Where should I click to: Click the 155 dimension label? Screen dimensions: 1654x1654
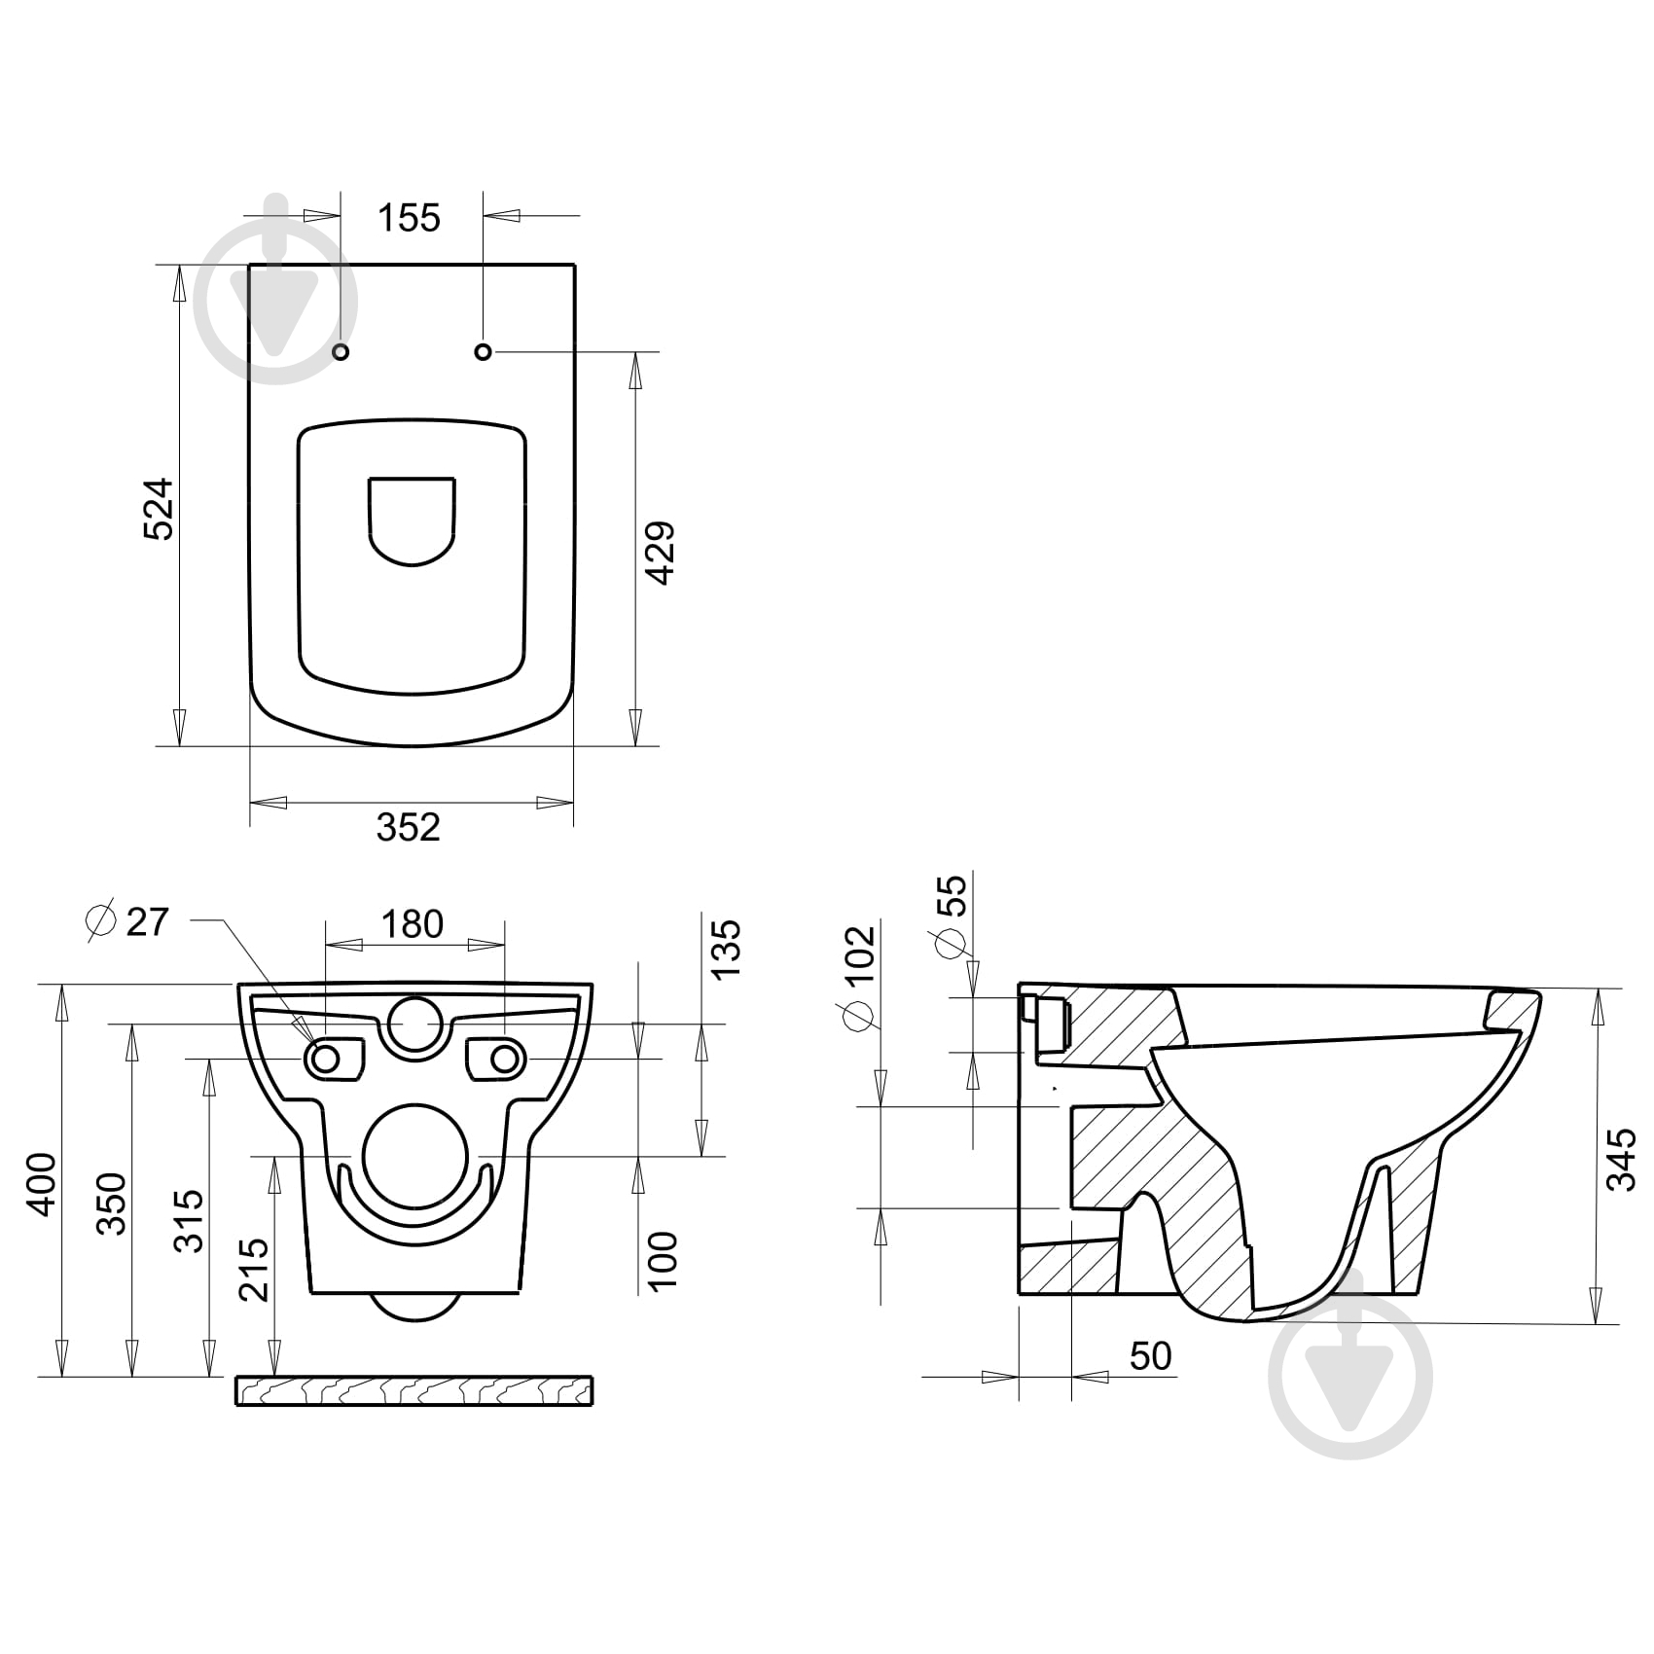coord(409,218)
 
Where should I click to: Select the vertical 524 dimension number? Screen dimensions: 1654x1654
coord(158,508)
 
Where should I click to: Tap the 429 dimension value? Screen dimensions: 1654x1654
coord(661,553)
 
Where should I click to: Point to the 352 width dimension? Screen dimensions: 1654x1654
coord(409,827)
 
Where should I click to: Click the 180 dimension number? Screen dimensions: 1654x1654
coord(413,923)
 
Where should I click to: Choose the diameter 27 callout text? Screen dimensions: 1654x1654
coord(128,920)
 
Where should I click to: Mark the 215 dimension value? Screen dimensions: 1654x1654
coord(253,1269)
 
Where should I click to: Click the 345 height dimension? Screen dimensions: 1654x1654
coord(1621,1159)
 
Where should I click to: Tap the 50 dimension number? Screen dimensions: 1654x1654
coord(1151,1355)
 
